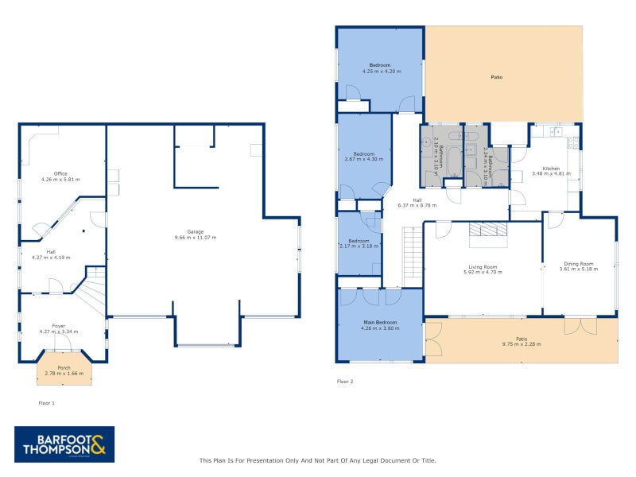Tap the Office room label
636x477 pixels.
click(60, 173)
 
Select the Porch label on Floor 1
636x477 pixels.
click(64, 368)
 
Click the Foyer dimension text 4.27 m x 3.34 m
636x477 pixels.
click(60, 332)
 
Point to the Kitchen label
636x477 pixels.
click(552, 168)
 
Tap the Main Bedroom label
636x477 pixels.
click(380, 322)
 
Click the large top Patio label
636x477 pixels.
click(496, 77)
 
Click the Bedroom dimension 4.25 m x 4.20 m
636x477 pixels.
click(381, 72)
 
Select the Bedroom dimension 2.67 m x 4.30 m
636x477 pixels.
click(364, 159)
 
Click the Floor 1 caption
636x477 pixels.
click(47, 403)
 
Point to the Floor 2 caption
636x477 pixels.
click(345, 382)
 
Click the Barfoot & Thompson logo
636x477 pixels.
click(64, 444)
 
